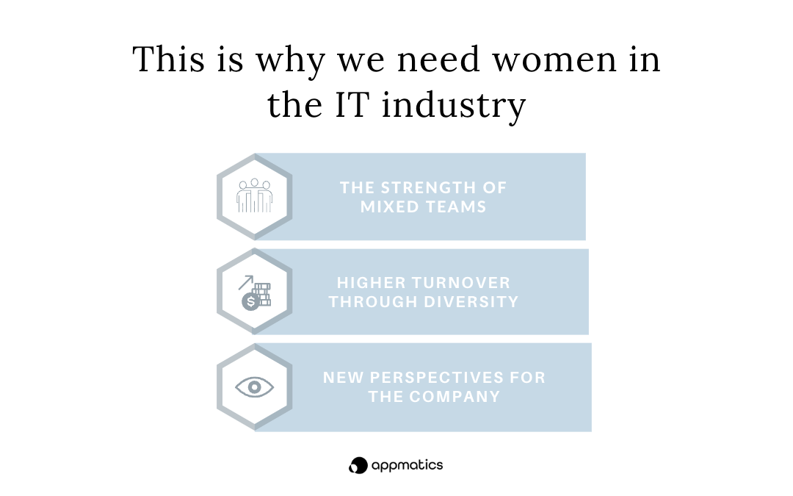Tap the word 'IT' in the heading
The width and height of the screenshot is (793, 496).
350,104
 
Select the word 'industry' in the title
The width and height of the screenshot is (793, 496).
454,107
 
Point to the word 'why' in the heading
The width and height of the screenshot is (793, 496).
290,62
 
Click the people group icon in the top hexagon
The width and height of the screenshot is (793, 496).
254,195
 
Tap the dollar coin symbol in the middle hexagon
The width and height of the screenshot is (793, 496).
250,302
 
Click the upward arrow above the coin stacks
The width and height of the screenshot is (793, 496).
246,282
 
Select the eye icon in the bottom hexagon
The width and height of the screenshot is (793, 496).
254,387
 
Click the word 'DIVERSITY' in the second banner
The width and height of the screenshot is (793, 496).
471,302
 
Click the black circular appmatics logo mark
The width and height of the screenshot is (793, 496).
358,465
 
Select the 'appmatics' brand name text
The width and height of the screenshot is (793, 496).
407,466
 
